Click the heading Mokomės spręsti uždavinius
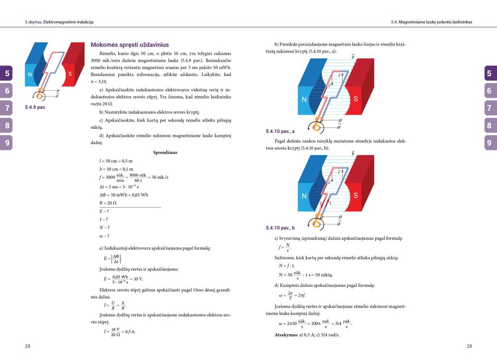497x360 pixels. tap(130, 45)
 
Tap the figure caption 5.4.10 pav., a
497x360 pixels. tap(281, 131)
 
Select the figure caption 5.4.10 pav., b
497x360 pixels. tap(281, 228)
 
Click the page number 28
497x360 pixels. tap(28, 346)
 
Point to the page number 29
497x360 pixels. tap(469, 346)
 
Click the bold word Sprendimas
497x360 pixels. tap(165, 152)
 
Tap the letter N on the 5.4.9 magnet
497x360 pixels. tap(29, 74)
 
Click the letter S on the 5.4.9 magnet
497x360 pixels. tap(70, 74)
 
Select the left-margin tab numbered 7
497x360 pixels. tap(7, 108)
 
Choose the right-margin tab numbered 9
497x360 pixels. tap(489, 143)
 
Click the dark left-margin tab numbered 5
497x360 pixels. tap(7, 73)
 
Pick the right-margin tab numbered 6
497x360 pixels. tap(489, 91)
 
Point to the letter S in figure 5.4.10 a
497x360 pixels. tap(355, 99)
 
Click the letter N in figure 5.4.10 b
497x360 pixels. tap(304, 195)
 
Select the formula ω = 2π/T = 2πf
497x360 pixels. tap(293, 295)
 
